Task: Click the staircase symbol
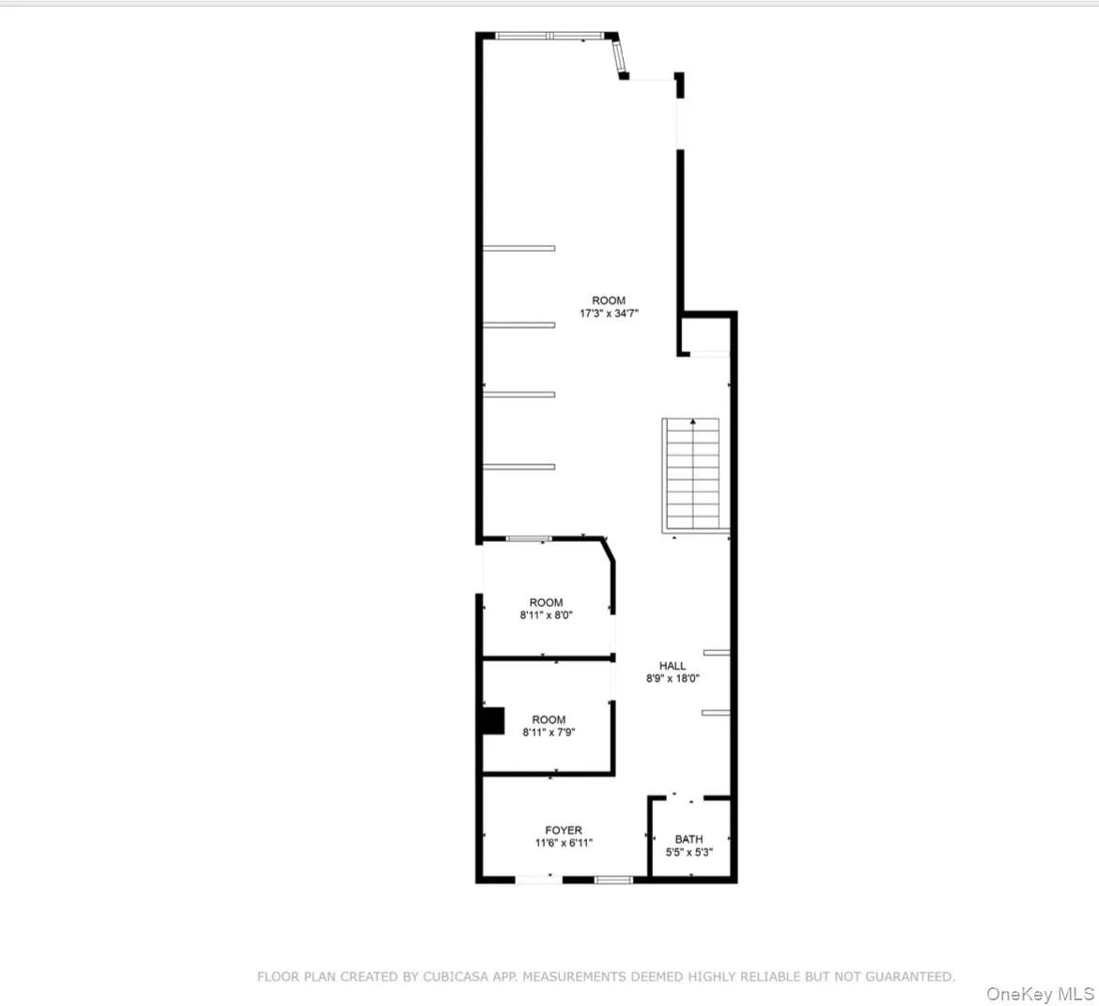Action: (692, 473)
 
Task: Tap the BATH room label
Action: (689, 839)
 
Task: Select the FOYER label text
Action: (564, 830)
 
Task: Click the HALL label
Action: (673, 666)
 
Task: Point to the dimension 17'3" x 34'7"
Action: (609, 314)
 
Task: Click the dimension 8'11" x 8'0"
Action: (546, 616)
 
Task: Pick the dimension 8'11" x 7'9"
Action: (549, 733)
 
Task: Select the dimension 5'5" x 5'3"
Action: (689, 853)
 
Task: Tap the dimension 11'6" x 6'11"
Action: (564, 843)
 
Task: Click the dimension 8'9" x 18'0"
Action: (673, 678)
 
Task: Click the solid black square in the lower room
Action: (491, 720)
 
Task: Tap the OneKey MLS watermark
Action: (1040, 994)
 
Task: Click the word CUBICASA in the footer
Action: (415, 977)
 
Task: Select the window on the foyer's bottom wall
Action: (613, 880)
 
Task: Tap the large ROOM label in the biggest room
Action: (609, 301)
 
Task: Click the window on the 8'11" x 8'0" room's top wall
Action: (529, 539)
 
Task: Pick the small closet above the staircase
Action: (704, 334)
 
